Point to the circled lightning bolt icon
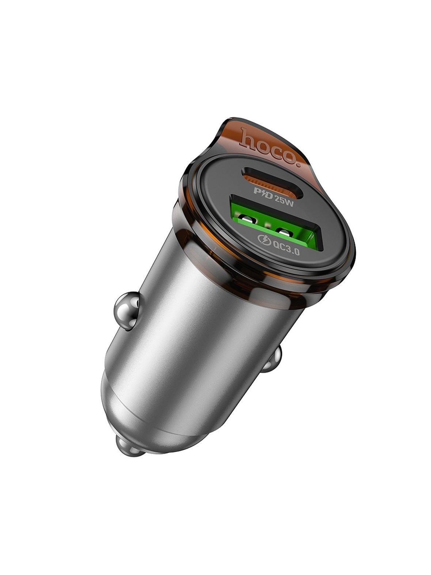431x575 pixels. (x=263, y=240)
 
